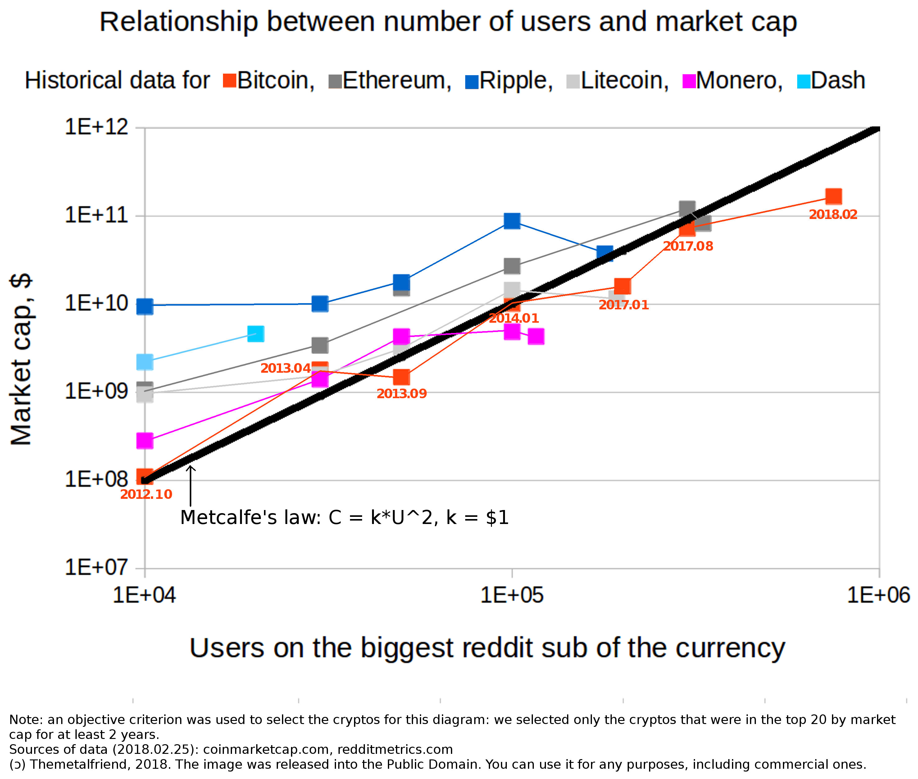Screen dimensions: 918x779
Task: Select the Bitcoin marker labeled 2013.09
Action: point(401,377)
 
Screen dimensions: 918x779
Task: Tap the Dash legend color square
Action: point(804,81)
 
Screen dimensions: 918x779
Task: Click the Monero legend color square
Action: point(689,81)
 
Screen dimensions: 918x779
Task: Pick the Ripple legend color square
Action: point(472,82)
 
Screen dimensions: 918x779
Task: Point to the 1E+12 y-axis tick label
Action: point(97,127)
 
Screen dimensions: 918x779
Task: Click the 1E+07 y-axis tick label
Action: point(97,567)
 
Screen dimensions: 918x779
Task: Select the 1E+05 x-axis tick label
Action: point(512,595)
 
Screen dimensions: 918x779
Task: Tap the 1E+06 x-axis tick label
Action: point(878,595)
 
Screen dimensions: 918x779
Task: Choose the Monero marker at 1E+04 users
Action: point(145,440)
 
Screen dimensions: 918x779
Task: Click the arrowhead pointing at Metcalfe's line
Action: point(190,468)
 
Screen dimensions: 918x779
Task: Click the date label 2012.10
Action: point(146,494)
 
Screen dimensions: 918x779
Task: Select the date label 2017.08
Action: point(688,246)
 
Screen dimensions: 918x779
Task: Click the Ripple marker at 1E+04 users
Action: point(145,306)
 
